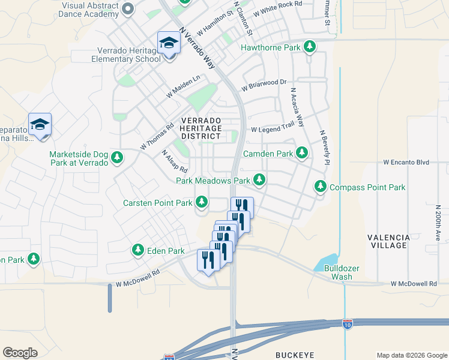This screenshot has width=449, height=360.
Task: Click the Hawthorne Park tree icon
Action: (310, 47)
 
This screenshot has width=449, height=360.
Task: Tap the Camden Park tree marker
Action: (302, 154)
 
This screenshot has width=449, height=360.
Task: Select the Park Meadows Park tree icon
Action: (259, 180)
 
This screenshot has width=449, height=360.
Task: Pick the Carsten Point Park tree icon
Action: (201, 203)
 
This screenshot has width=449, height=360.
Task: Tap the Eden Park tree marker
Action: (138, 250)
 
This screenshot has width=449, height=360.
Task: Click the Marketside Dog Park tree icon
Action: (117, 158)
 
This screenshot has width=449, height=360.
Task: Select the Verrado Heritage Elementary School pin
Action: (169, 44)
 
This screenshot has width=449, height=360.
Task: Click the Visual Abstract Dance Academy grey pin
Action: (127, 9)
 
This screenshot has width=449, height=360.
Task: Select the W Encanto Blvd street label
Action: (407, 162)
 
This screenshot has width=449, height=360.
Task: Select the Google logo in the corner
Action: (20, 353)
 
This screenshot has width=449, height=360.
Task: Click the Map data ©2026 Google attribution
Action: (412, 355)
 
